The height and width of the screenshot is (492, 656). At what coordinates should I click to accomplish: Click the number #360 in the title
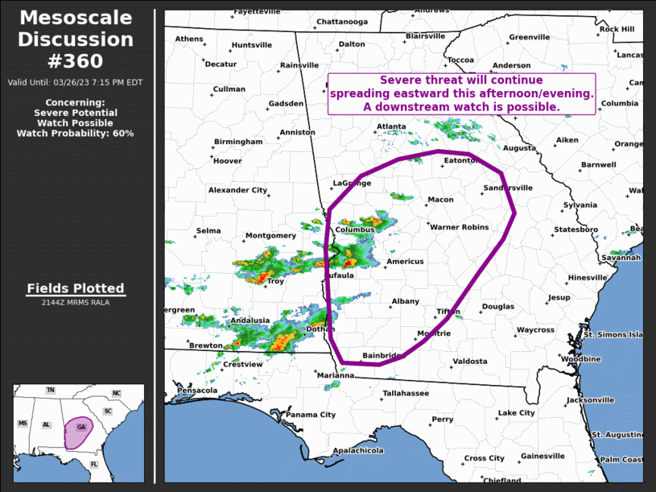coord(76,61)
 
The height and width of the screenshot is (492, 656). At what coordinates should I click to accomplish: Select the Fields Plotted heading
coord(76,288)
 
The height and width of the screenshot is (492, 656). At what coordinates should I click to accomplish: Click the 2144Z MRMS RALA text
coord(76,303)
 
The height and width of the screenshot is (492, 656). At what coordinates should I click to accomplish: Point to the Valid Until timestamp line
coord(76,82)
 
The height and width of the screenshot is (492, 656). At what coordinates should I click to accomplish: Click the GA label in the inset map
coord(81,427)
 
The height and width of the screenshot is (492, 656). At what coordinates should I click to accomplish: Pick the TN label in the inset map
coord(51,391)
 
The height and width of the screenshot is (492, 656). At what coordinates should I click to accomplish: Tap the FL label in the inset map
coord(94,465)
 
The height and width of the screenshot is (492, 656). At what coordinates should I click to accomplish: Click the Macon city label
coord(440,200)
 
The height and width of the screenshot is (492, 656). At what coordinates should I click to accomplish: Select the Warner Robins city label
coord(459,227)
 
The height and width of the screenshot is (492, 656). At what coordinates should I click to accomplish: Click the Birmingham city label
coord(237,142)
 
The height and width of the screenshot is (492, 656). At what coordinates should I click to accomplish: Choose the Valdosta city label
coord(469,362)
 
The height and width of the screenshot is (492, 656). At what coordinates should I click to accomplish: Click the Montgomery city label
coord(270,236)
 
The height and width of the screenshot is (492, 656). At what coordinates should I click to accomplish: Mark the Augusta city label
coord(519,148)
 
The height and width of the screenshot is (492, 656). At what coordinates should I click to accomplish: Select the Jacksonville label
coord(590,400)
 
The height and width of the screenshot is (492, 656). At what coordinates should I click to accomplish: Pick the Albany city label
coord(405,302)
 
